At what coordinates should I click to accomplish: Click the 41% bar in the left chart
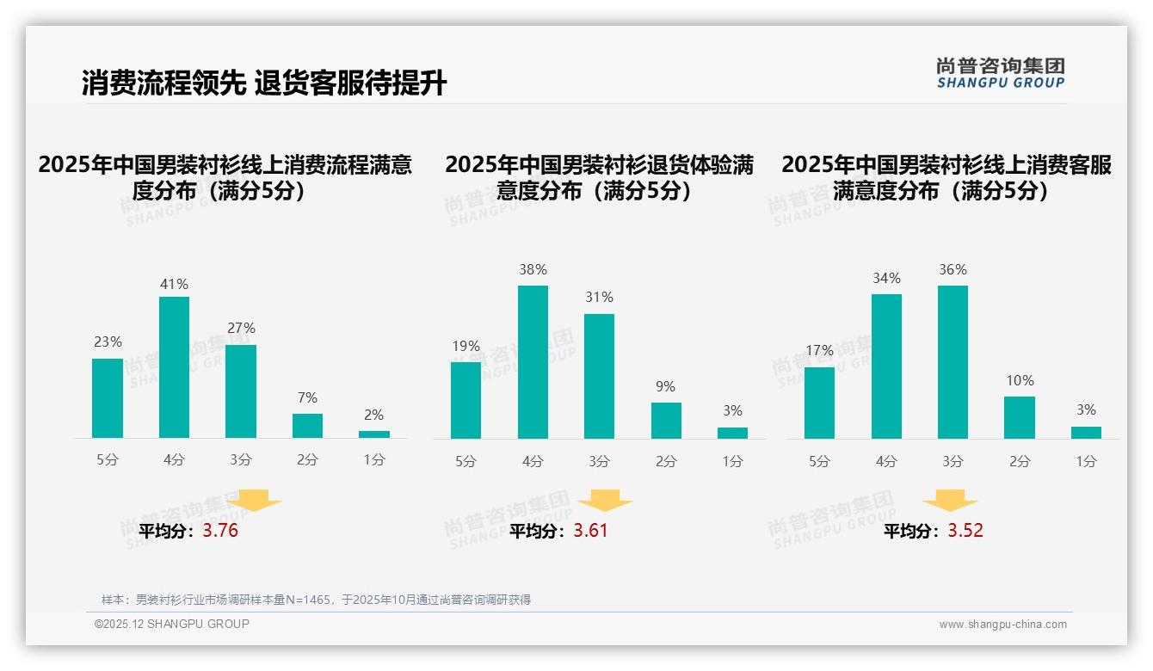[x=174, y=367]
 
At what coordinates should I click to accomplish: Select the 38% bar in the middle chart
[x=533, y=362]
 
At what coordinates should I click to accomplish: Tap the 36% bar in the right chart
[x=953, y=362]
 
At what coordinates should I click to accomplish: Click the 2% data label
[x=373, y=415]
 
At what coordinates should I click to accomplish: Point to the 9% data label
[x=665, y=387]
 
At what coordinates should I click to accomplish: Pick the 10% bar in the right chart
[x=1020, y=417]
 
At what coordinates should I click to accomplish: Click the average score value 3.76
[x=220, y=531]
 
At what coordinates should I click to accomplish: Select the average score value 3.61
[x=590, y=531]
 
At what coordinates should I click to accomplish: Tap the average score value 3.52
[x=965, y=531]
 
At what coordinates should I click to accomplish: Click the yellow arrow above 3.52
[x=950, y=501]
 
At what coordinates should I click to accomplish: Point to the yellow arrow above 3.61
[x=605, y=501]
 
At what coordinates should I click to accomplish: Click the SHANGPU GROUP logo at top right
[x=1001, y=73]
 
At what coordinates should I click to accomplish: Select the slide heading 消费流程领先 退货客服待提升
[x=264, y=83]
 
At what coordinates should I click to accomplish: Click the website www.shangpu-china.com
[x=1002, y=625]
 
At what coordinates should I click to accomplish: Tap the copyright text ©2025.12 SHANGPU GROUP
[x=172, y=624]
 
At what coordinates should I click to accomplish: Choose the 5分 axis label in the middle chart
[x=466, y=461]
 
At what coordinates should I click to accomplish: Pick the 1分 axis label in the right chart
[x=1086, y=461]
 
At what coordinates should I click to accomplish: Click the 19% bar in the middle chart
[x=466, y=400]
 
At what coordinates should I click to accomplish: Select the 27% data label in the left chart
[x=241, y=329]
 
